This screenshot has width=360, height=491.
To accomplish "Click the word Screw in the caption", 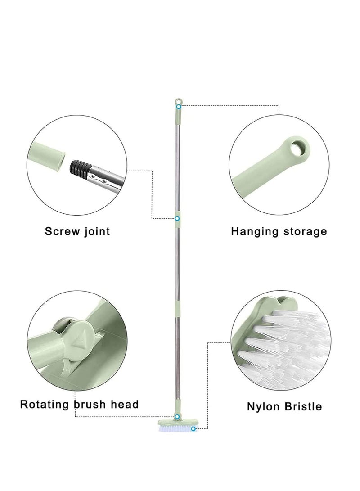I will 62,232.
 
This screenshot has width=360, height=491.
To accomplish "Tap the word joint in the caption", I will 97,232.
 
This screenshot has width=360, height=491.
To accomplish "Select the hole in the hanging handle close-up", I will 298,148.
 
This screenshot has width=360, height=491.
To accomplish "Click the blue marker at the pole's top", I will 179,107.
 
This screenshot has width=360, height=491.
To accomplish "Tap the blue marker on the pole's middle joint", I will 177,218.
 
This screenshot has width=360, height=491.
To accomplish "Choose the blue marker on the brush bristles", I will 193,428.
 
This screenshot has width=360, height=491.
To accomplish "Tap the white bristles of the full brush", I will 178,429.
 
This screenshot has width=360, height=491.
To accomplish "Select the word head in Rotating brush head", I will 126,404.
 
